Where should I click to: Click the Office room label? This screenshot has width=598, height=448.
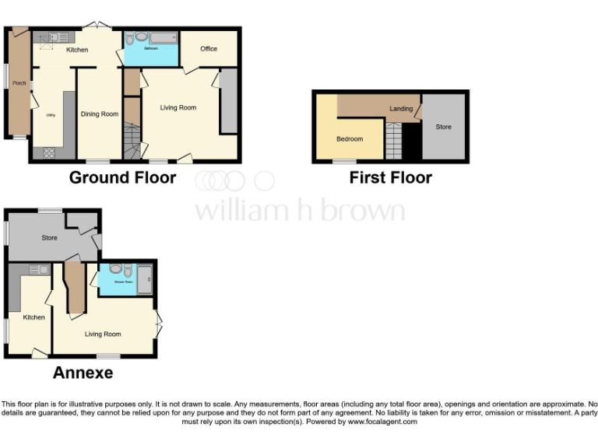(x=209, y=49)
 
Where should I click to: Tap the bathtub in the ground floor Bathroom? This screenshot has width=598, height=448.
(x=162, y=37)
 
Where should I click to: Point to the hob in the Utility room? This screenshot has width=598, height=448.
(x=50, y=152)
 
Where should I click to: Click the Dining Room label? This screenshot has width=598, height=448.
(x=100, y=114)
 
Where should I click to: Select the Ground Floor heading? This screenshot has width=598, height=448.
(x=122, y=177)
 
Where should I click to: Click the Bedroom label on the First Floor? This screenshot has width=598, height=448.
(x=350, y=139)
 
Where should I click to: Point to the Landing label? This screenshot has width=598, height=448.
(x=401, y=109)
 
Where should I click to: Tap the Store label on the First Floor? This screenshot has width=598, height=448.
(x=443, y=127)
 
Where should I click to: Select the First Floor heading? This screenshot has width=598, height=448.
(x=390, y=177)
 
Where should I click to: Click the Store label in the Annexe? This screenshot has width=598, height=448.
(x=49, y=237)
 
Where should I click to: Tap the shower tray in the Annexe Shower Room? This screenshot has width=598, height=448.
(x=145, y=278)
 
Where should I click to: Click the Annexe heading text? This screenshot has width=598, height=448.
(x=83, y=373)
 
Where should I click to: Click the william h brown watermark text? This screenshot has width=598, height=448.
(x=299, y=210)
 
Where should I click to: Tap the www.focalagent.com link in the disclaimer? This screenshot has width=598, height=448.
(x=382, y=422)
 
